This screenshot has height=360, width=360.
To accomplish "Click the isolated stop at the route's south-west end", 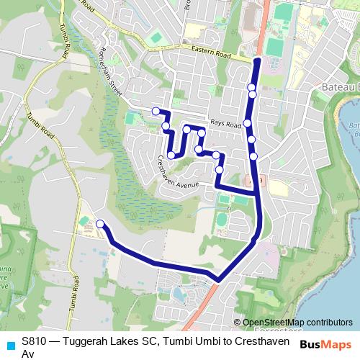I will (100, 224).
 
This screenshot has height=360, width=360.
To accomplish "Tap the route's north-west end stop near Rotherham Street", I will (156, 111).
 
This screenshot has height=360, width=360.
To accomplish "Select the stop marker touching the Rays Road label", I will (248, 123).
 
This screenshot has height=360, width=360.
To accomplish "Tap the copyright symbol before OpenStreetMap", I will (238, 323).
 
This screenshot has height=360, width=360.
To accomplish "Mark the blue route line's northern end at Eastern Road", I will (256, 61).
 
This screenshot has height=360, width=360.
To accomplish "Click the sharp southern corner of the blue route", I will (218, 279).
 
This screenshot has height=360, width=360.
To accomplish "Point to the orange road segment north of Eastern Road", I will (264, 22).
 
